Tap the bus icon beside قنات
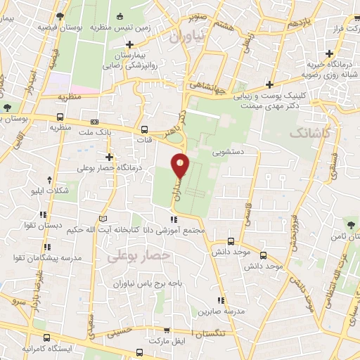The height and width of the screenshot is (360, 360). pos(145,130)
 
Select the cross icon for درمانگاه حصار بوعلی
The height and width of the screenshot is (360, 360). pos(108,157)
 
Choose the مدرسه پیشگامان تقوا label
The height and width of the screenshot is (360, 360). pos(55,258)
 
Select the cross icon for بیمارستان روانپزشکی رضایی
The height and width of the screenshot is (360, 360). pos(130,45)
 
